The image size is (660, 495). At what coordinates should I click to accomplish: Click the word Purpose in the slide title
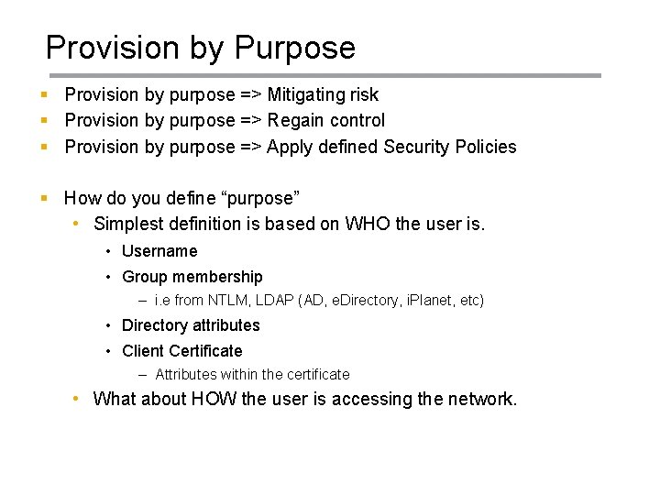point(295,48)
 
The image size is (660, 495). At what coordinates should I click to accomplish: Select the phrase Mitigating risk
point(323,94)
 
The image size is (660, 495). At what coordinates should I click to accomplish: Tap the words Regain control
point(325,120)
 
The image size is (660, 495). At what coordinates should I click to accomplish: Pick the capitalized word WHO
point(368,224)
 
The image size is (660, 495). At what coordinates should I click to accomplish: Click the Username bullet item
point(159,251)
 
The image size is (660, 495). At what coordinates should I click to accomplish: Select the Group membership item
point(192,277)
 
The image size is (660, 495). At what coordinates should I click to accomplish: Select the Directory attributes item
point(191,325)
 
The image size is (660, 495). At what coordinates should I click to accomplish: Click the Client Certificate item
point(182,351)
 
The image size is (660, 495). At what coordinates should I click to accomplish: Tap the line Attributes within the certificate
point(252,374)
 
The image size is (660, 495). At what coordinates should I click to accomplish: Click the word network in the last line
point(481,399)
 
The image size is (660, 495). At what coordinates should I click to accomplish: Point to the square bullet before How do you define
point(44,198)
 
